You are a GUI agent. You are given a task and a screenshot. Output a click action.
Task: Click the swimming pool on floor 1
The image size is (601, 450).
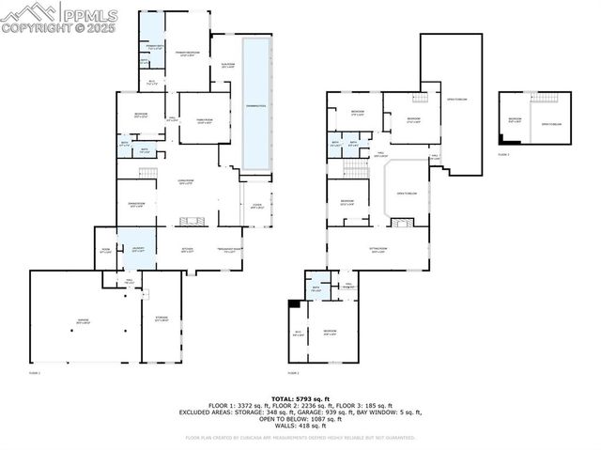pyautogui.click(x=254, y=103)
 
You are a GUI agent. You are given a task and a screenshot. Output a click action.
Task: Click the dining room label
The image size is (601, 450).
pyautogui.click(x=136, y=206)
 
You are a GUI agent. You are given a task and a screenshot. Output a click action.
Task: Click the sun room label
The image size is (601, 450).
pyautogui.click(x=226, y=64)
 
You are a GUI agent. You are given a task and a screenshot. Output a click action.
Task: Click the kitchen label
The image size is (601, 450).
pyautogui.click(x=188, y=249)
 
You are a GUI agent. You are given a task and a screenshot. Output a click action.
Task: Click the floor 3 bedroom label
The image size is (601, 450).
pyautogui.click(x=515, y=118)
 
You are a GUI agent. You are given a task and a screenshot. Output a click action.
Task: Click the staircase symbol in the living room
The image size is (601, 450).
pyautogui.click(x=146, y=173)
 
